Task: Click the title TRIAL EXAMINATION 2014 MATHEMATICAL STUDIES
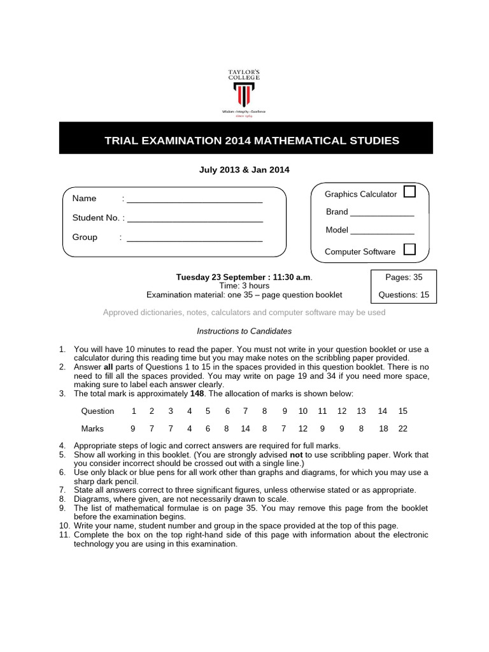252,140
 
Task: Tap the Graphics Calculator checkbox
410,192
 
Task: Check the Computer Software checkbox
410,249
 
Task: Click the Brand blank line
382,214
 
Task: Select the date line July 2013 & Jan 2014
245,169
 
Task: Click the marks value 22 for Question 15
402,429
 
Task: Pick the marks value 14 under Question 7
245,429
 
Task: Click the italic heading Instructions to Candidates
244,331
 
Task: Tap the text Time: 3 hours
244,286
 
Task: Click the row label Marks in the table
92,429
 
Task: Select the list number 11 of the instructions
64,535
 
